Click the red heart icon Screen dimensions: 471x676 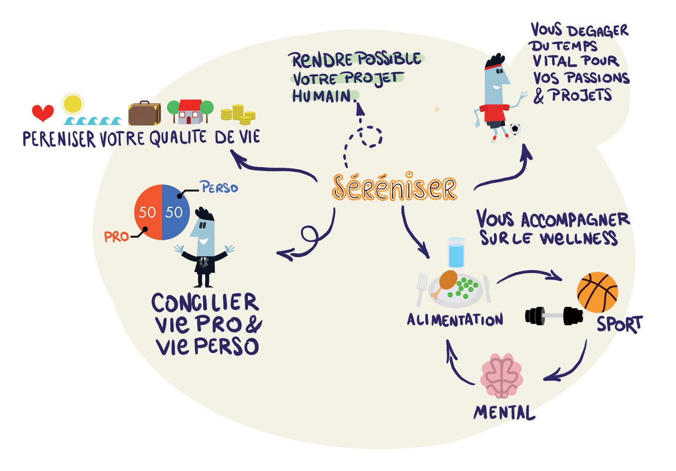[43, 113]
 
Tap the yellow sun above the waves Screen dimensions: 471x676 [73, 104]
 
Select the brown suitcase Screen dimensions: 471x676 [144, 114]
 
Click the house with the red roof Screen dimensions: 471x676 [190, 111]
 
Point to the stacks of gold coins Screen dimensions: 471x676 [238, 114]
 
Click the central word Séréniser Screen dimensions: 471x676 [394, 187]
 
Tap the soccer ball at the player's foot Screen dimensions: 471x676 [514, 129]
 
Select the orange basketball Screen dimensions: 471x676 [597, 292]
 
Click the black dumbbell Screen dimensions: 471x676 [554, 316]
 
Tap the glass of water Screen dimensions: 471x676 [456, 252]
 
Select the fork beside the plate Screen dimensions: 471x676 [421, 288]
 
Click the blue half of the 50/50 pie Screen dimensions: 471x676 [176, 212]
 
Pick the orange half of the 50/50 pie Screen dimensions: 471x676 [148, 212]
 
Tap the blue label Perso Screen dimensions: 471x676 [219, 188]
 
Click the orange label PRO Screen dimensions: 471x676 [116, 236]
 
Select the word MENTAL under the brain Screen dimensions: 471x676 [504, 413]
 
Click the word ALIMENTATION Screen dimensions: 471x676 [455, 320]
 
